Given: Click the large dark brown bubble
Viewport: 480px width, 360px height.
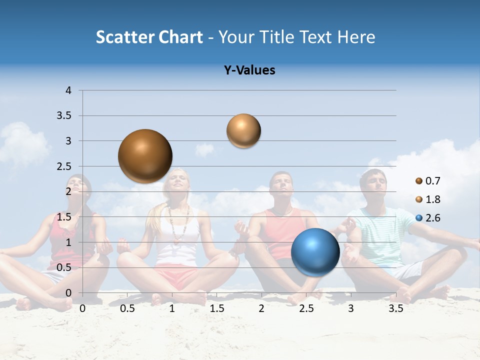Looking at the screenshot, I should (145, 156).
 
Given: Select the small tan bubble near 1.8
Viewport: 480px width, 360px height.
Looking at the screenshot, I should (243, 131).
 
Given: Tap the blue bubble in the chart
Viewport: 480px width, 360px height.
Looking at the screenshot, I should (315, 252).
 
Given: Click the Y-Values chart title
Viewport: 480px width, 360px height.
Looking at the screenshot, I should (249, 70).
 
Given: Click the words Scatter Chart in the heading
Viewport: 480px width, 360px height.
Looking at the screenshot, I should (149, 37).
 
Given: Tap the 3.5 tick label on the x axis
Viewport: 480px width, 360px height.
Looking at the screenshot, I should (395, 308).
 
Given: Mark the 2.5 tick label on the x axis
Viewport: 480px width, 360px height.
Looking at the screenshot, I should (306, 308).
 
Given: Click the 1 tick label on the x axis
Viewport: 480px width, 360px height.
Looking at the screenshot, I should (172, 308).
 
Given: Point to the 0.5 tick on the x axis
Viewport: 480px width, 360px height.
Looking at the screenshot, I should (127, 308).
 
